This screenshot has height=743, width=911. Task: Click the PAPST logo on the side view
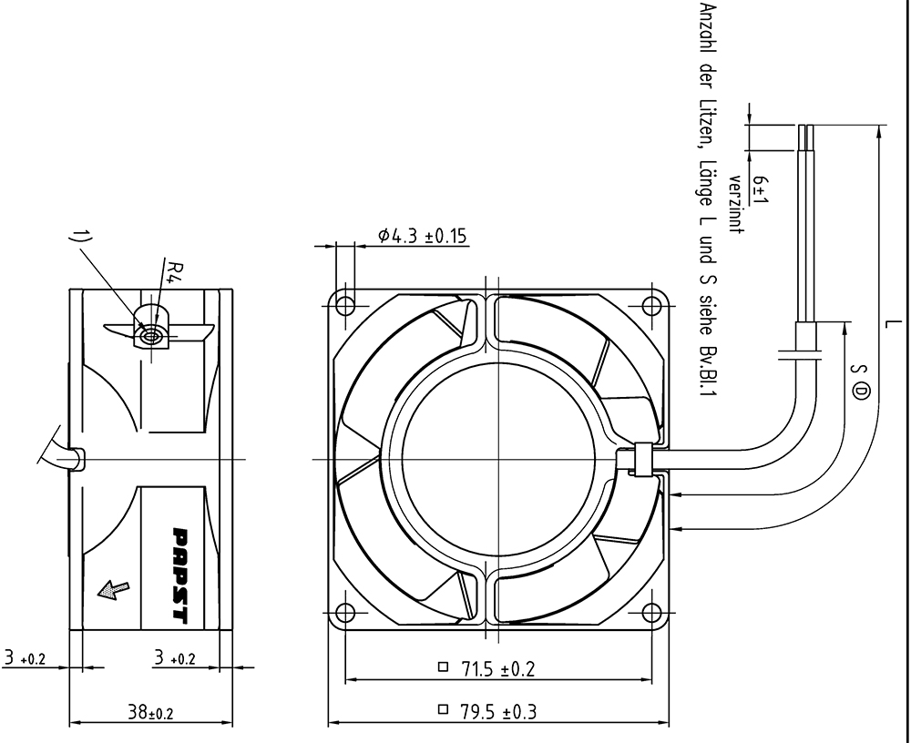[x=181, y=575]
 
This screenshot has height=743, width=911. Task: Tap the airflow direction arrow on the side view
[x=114, y=590]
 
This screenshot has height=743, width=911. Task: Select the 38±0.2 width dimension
[x=150, y=713]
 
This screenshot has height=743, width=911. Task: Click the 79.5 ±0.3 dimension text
[x=498, y=712]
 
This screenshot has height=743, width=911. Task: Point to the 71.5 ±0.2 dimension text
[x=498, y=669]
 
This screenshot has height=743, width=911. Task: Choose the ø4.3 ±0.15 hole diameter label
[x=423, y=236]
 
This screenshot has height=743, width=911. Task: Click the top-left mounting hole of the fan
[x=345, y=305]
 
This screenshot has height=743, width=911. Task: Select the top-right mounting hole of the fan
[x=651, y=305]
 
